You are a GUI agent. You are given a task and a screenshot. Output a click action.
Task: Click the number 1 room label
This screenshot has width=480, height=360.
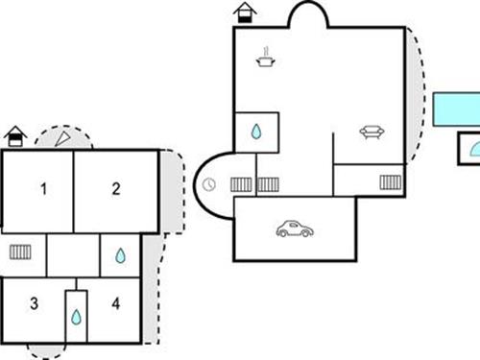(43, 189)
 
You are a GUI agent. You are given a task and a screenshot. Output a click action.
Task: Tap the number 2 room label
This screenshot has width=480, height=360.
(115, 189)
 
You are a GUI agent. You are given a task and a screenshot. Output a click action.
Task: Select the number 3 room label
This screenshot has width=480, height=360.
(34, 304)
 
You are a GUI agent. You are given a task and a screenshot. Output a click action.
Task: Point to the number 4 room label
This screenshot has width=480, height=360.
(116, 304)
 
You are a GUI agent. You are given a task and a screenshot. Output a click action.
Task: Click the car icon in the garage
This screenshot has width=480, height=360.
(295, 229)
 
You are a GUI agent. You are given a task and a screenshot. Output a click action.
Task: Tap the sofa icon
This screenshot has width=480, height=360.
(372, 132)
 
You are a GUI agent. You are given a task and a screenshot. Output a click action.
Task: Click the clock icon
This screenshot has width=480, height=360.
(210, 184)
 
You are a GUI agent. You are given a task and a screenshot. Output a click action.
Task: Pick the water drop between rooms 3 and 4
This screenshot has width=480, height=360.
(76, 316)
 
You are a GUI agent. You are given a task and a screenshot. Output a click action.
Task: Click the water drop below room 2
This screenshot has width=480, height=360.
(120, 255)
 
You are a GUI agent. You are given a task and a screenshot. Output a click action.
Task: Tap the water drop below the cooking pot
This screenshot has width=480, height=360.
(257, 132)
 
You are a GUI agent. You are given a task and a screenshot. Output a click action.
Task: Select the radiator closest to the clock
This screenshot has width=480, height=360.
(241, 183)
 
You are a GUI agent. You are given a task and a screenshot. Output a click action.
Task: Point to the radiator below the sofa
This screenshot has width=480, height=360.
(391, 181)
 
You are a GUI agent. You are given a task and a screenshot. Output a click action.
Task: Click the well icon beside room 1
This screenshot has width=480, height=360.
(14, 136)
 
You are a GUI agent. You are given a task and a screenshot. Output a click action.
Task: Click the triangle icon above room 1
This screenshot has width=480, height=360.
(63, 139)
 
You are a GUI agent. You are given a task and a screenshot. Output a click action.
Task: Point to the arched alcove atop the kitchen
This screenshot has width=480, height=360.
(309, 15)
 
